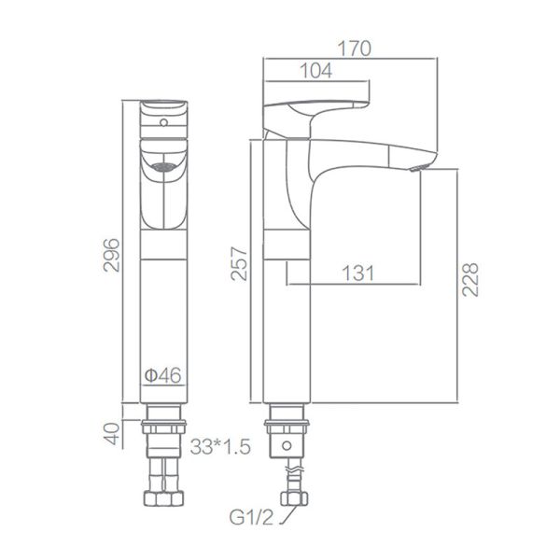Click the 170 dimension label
pos(355,49)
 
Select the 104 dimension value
pos(316,71)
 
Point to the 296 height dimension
pos(111,255)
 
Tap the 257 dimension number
pos(239,263)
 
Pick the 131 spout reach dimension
pos(357,273)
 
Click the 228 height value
pos(470,280)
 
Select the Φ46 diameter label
pos(162,375)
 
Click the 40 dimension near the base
pos(113,434)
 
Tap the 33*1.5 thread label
pos(220,446)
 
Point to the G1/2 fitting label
pos(251,517)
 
